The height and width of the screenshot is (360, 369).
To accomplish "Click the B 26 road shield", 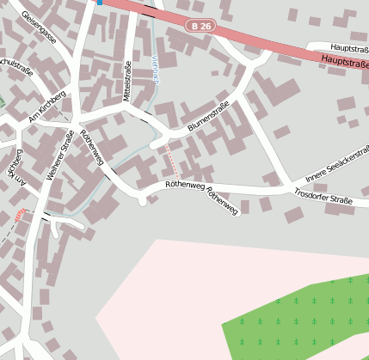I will click(x=200, y=27).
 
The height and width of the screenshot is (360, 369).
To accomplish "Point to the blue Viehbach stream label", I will click(x=156, y=68).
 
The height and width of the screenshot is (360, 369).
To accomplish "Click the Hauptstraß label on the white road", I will click(x=349, y=49).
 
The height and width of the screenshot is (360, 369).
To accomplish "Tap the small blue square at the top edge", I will click(x=100, y=3).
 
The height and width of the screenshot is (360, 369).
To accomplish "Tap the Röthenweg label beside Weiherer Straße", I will click(x=91, y=147).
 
